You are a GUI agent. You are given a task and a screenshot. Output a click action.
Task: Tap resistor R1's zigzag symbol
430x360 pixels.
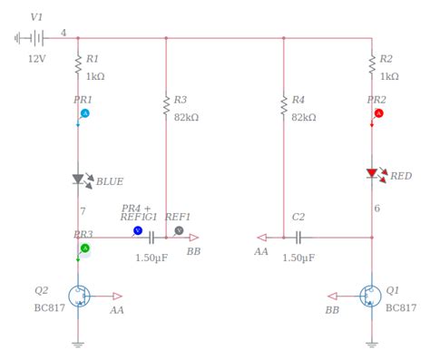[77, 63]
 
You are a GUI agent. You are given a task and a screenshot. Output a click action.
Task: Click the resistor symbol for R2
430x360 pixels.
[372, 63]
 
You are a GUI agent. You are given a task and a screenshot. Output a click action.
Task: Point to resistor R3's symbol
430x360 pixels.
[166, 106]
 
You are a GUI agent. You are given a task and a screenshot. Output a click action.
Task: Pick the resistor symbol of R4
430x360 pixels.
[284, 106]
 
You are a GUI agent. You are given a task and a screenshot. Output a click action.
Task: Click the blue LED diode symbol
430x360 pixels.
[78, 180]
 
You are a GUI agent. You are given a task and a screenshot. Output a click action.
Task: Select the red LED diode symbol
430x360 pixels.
[372, 173]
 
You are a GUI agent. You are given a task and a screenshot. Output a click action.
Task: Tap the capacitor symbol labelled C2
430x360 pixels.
[297, 237]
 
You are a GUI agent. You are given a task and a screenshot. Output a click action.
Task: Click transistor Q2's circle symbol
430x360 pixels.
[79, 296]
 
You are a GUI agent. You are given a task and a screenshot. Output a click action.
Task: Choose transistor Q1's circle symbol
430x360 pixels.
[370, 296]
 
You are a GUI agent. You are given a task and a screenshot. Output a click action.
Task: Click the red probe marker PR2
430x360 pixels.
[379, 113]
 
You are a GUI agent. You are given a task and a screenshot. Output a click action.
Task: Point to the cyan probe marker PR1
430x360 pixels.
[85, 113]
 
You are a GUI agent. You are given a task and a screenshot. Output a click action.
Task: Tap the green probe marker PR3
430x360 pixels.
[85, 248]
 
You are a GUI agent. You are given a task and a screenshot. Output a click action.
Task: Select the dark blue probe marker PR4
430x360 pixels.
[138, 231]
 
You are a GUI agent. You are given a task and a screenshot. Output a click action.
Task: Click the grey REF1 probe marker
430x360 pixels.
[179, 231]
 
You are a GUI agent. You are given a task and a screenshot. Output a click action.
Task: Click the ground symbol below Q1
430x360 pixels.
[372, 344]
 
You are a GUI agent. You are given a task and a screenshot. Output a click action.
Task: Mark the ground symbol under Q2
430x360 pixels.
[78, 344]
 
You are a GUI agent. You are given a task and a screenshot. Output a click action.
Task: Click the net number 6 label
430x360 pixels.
[377, 209]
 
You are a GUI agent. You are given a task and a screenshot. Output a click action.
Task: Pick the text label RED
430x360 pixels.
[401, 176]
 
